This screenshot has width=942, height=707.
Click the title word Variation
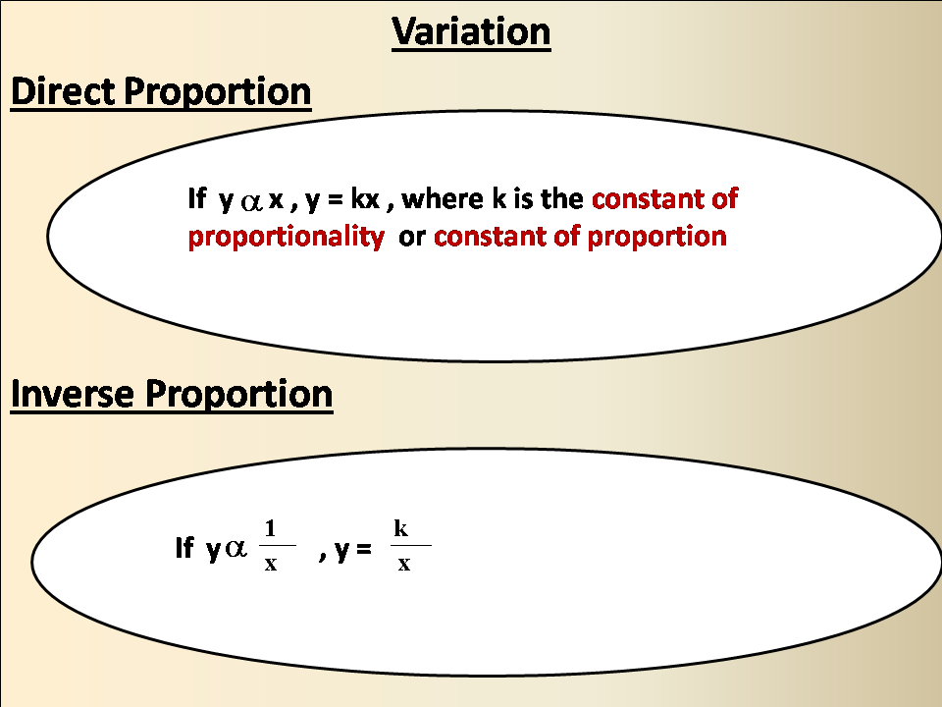point(471,31)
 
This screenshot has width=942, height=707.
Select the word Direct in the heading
point(64,92)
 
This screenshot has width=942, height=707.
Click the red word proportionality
point(286,238)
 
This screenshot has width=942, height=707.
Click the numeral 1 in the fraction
point(271,528)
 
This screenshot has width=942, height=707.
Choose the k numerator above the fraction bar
point(401,528)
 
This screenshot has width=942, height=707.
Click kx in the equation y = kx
point(366,199)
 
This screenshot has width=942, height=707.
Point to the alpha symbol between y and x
point(251,201)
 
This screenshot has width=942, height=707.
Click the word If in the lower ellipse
point(183,550)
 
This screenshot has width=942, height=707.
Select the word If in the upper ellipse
point(196,199)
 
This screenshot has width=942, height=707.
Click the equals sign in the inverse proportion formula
point(364,552)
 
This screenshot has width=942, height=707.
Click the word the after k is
point(563,199)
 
